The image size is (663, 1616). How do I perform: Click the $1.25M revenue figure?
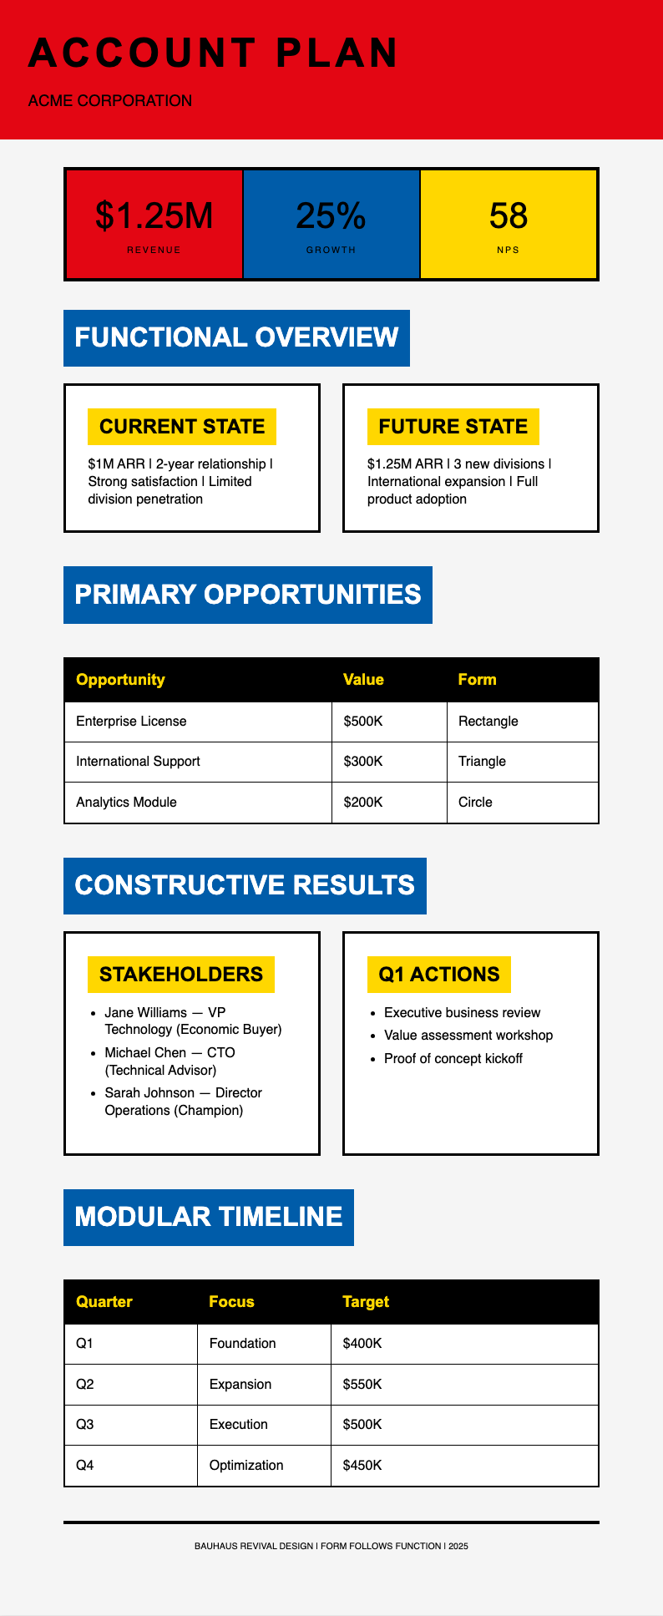(154, 215)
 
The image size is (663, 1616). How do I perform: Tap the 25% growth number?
(331, 215)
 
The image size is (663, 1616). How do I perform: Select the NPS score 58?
(508, 215)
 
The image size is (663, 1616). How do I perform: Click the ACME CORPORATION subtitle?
(110, 101)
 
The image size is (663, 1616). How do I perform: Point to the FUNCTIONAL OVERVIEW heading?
(236, 337)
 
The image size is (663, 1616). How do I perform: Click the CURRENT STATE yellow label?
(182, 427)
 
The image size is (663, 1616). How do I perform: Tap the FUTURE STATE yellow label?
(453, 427)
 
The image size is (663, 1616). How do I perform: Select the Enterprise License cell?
(131, 722)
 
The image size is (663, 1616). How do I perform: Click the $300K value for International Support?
(363, 762)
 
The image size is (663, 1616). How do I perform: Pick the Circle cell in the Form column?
(475, 803)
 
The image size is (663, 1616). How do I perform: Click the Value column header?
(363, 680)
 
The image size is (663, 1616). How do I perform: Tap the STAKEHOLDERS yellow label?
(181, 975)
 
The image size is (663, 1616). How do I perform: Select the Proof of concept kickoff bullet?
(453, 1059)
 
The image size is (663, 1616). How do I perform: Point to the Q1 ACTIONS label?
(438, 975)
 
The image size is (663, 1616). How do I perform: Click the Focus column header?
(231, 1302)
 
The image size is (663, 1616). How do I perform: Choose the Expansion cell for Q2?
(240, 1385)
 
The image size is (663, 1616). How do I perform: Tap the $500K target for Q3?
(362, 1425)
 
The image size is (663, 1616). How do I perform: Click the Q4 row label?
(85, 1466)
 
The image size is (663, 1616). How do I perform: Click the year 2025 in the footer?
(458, 1546)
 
